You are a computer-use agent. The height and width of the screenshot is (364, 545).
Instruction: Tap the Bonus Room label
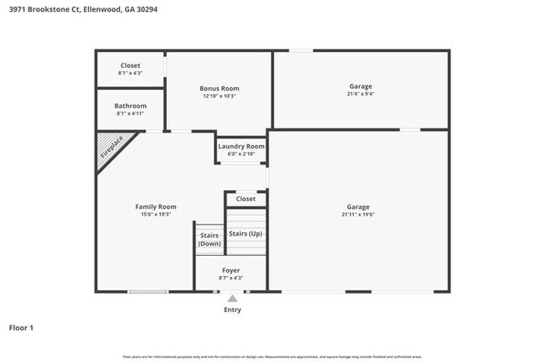219,88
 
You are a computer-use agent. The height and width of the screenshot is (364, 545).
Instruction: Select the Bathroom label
131,106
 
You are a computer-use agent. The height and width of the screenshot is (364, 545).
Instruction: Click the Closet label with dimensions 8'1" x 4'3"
130,65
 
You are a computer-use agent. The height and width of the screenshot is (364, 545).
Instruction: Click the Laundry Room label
241,146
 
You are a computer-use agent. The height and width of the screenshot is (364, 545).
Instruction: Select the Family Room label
156,206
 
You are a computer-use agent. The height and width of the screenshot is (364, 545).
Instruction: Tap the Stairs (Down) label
210,239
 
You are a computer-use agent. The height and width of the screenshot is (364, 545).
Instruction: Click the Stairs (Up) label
246,233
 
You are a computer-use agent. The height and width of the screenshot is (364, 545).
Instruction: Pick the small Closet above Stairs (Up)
246,199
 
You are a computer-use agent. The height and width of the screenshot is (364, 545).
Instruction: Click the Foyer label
231,270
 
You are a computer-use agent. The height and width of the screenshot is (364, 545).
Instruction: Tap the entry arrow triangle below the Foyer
232,298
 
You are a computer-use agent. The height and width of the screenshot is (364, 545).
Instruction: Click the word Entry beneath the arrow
232,309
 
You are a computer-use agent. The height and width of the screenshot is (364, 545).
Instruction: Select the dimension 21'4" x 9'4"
361,94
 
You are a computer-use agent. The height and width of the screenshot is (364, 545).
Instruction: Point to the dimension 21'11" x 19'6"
358,215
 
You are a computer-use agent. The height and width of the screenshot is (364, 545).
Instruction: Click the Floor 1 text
21,327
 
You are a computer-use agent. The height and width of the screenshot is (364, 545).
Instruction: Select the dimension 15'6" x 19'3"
156,215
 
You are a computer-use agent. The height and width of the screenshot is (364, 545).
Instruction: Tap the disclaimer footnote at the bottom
272,356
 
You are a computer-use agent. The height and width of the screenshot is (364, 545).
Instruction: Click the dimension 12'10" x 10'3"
219,96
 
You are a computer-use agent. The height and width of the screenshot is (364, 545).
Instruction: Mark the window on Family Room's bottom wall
148,292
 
